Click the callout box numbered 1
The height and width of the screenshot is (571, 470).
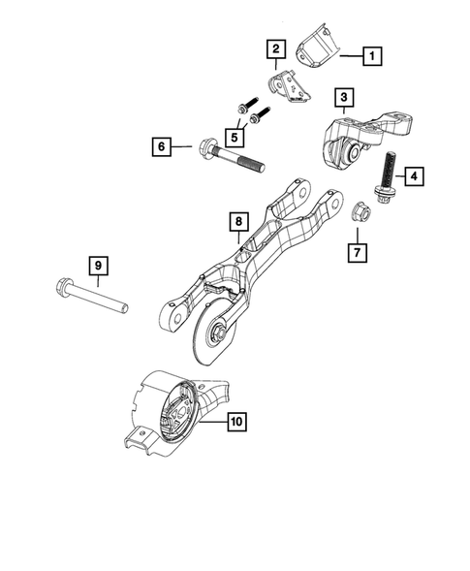click(x=371, y=57)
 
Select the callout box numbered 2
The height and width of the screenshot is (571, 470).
click(x=276, y=48)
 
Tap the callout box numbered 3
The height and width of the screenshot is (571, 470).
click(x=344, y=97)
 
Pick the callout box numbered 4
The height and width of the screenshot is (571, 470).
click(x=412, y=176)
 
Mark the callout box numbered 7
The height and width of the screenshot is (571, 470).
click(x=358, y=254)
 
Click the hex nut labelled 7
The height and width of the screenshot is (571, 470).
click(x=357, y=209)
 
